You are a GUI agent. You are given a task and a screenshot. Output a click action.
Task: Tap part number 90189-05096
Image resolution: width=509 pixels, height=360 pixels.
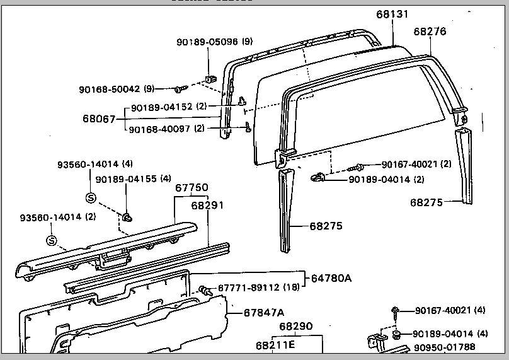pos(207,42)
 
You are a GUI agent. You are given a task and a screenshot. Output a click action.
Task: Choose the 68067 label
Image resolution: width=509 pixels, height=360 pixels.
pos(99,118)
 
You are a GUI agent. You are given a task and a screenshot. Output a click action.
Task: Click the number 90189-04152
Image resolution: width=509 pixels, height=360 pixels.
pos(162,107)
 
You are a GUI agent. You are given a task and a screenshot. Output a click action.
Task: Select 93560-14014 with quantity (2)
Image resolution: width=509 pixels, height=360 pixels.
pos(50,218)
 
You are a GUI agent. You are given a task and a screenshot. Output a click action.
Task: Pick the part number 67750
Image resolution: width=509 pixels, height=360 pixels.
pos(192,188)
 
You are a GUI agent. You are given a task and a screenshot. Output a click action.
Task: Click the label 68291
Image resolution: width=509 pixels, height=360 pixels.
pos(207,205)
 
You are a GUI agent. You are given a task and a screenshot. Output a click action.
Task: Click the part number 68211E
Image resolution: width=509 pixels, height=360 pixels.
pos(275,345)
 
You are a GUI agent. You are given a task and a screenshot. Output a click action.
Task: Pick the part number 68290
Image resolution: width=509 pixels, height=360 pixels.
pos(296,327)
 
